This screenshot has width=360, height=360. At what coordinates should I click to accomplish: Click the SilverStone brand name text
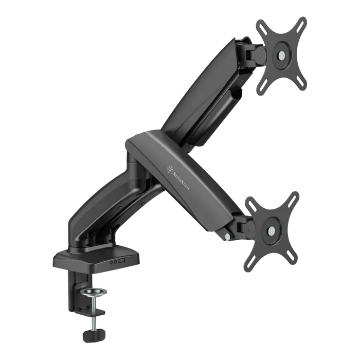(x=182, y=180)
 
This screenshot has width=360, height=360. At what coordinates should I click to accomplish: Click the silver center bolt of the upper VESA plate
(x=281, y=55)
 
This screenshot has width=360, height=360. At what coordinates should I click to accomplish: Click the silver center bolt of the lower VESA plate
(x=272, y=230)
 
